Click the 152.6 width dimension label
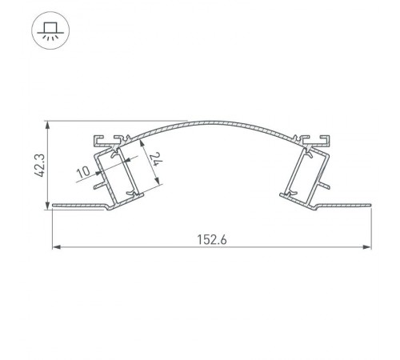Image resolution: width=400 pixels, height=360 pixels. click(210, 238)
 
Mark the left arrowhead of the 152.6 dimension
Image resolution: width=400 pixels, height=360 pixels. click(55, 247)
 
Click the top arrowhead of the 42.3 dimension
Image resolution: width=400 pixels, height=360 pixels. click(46, 125)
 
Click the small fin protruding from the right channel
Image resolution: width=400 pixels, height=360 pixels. click(325, 186)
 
